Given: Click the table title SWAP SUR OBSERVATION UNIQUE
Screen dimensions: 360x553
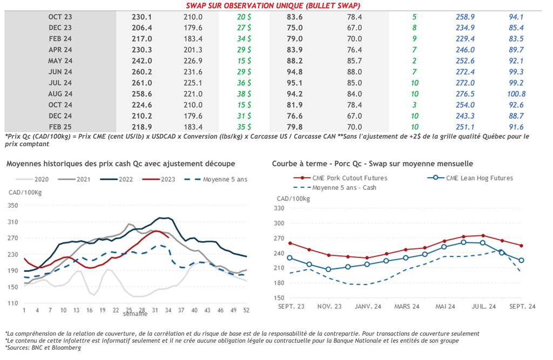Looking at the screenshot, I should pyautogui.click(x=273, y=5).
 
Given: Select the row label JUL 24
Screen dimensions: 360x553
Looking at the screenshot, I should pyautogui.click(x=60, y=83).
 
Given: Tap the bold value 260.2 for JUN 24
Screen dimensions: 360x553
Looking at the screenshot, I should pyautogui.click(x=142, y=72).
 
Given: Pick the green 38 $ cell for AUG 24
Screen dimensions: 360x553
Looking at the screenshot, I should pyautogui.click(x=244, y=93).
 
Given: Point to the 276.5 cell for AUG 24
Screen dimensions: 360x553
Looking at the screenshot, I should pyautogui.click(x=465, y=93).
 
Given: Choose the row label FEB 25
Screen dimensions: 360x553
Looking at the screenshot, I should pyautogui.click(x=60, y=127).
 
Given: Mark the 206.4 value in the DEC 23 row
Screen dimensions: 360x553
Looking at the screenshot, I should pyautogui.click(x=142, y=28).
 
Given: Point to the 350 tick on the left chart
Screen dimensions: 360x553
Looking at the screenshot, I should pyautogui.click(x=14, y=206).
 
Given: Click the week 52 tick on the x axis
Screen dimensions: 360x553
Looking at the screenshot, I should pyautogui.click(x=246, y=310).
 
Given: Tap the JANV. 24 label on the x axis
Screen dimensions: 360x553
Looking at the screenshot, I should pyautogui.click(x=368, y=306).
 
